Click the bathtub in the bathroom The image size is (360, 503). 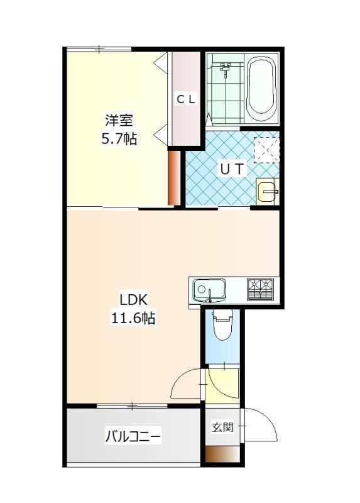point(262,89)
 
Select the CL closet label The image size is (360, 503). point(186,99)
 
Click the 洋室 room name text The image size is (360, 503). point(119,121)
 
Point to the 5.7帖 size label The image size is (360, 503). point(119,139)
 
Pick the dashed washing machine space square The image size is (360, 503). point(266,150)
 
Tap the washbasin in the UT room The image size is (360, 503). point(268,192)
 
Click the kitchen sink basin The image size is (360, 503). point(210,290)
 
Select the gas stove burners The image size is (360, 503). point(260,290)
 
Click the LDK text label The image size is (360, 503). point(133,301)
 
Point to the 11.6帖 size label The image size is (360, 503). point(133,318)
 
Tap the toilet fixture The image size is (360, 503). point(223,325)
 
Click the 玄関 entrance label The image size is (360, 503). point(222,427)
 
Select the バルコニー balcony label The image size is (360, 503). point(133,436)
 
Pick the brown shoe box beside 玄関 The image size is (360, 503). point(222,454)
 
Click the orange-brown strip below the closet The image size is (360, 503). point(174,178)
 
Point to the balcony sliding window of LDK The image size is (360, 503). point(132,406)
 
